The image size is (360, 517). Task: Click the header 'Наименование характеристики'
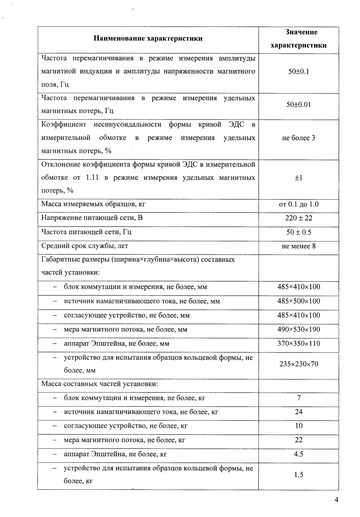148,39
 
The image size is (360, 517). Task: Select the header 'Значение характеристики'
298,39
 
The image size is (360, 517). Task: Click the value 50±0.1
298,72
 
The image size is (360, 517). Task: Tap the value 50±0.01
298,105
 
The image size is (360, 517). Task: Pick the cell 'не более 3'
298,138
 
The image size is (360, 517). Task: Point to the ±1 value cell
298,178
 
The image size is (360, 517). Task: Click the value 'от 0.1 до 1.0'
298,204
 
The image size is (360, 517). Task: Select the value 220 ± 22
298,218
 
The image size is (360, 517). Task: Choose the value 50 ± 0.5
298,232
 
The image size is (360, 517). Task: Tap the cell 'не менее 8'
298,246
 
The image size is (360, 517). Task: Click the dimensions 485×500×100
298,301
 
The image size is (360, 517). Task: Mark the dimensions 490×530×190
298,329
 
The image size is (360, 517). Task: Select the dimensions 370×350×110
298,344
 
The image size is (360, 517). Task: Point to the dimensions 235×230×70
298,364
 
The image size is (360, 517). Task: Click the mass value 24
298,412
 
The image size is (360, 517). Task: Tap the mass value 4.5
298,454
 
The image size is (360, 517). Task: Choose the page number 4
336,500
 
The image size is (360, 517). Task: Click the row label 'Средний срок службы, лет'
85,246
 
